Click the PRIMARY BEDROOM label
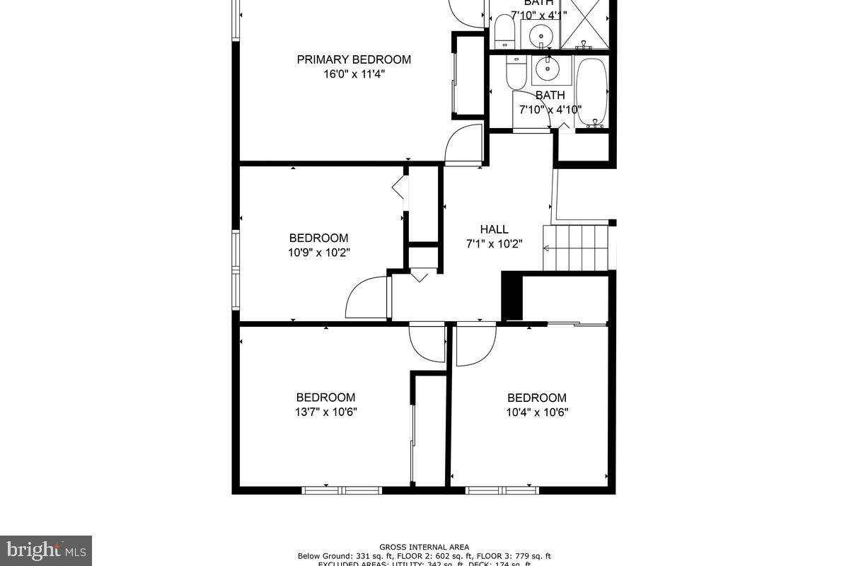(354, 59)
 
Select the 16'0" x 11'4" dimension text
(354, 74)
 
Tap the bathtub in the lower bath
(591, 92)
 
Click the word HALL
(494, 229)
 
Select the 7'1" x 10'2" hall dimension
(494, 244)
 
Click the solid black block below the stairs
(512, 296)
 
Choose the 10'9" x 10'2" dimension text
(318, 253)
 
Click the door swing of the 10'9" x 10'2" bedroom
(366, 300)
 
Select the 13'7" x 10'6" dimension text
(325, 412)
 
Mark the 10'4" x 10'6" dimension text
(537, 412)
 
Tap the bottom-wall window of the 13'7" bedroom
(342, 490)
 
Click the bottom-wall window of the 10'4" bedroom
(502, 490)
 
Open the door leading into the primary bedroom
(463, 145)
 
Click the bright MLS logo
(46, 550)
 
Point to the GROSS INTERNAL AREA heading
(424, 547)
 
